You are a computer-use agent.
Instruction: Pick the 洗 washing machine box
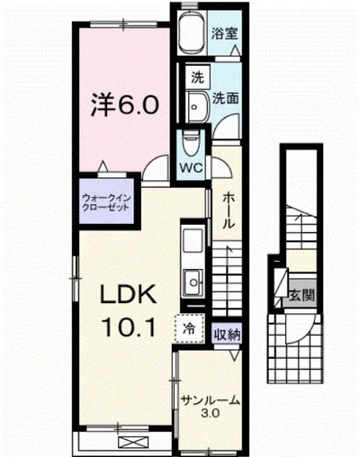[196, 78]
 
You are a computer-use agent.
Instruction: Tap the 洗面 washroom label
[225, 98]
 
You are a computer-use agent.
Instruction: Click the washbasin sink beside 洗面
[195, 105]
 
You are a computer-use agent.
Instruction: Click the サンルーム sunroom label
[209, 401]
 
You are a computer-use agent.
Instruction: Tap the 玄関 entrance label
[301, 293]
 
